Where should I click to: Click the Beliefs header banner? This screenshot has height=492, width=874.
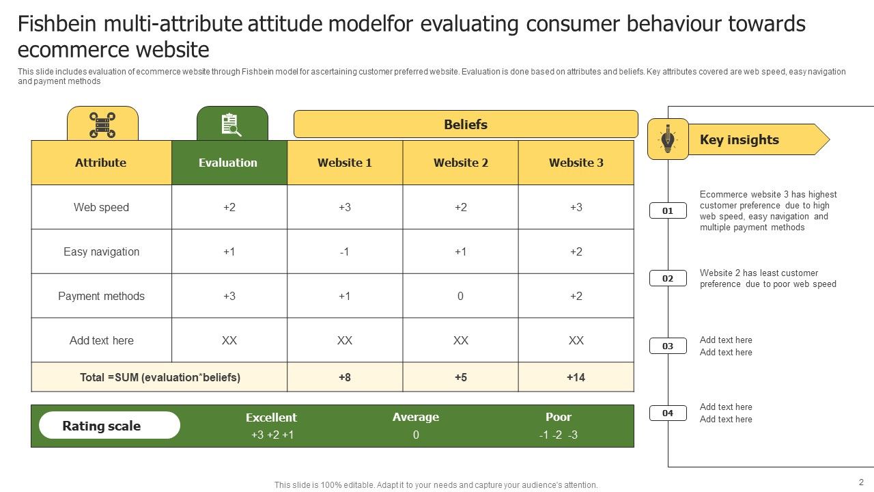[466, 124]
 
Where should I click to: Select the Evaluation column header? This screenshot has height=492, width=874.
[228, 163]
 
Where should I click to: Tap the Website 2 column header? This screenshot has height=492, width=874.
[461, 163]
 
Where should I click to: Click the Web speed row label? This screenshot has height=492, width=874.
[101, 207]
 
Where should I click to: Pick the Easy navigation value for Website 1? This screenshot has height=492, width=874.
[345, 251]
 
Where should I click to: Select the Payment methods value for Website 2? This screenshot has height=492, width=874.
[461, 296]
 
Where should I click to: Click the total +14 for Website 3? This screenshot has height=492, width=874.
[576, 377]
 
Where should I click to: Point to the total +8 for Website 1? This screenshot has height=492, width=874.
[345, 377]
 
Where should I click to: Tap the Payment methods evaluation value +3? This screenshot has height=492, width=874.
[229, 296]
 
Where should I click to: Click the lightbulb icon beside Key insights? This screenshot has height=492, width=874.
[668, 139]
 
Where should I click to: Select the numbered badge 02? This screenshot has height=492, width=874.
[668, 278]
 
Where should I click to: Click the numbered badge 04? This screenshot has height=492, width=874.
[668, 413]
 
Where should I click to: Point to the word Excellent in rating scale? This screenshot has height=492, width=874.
[271, 418]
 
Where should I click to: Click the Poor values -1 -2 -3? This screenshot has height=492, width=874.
[558, 435]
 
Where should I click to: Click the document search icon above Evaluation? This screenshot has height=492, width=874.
[231, 125]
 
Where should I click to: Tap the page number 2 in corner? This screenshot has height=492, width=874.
[861, 482]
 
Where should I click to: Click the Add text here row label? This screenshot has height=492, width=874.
[101, 340]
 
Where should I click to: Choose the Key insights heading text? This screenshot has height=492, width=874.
[739, 139]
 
